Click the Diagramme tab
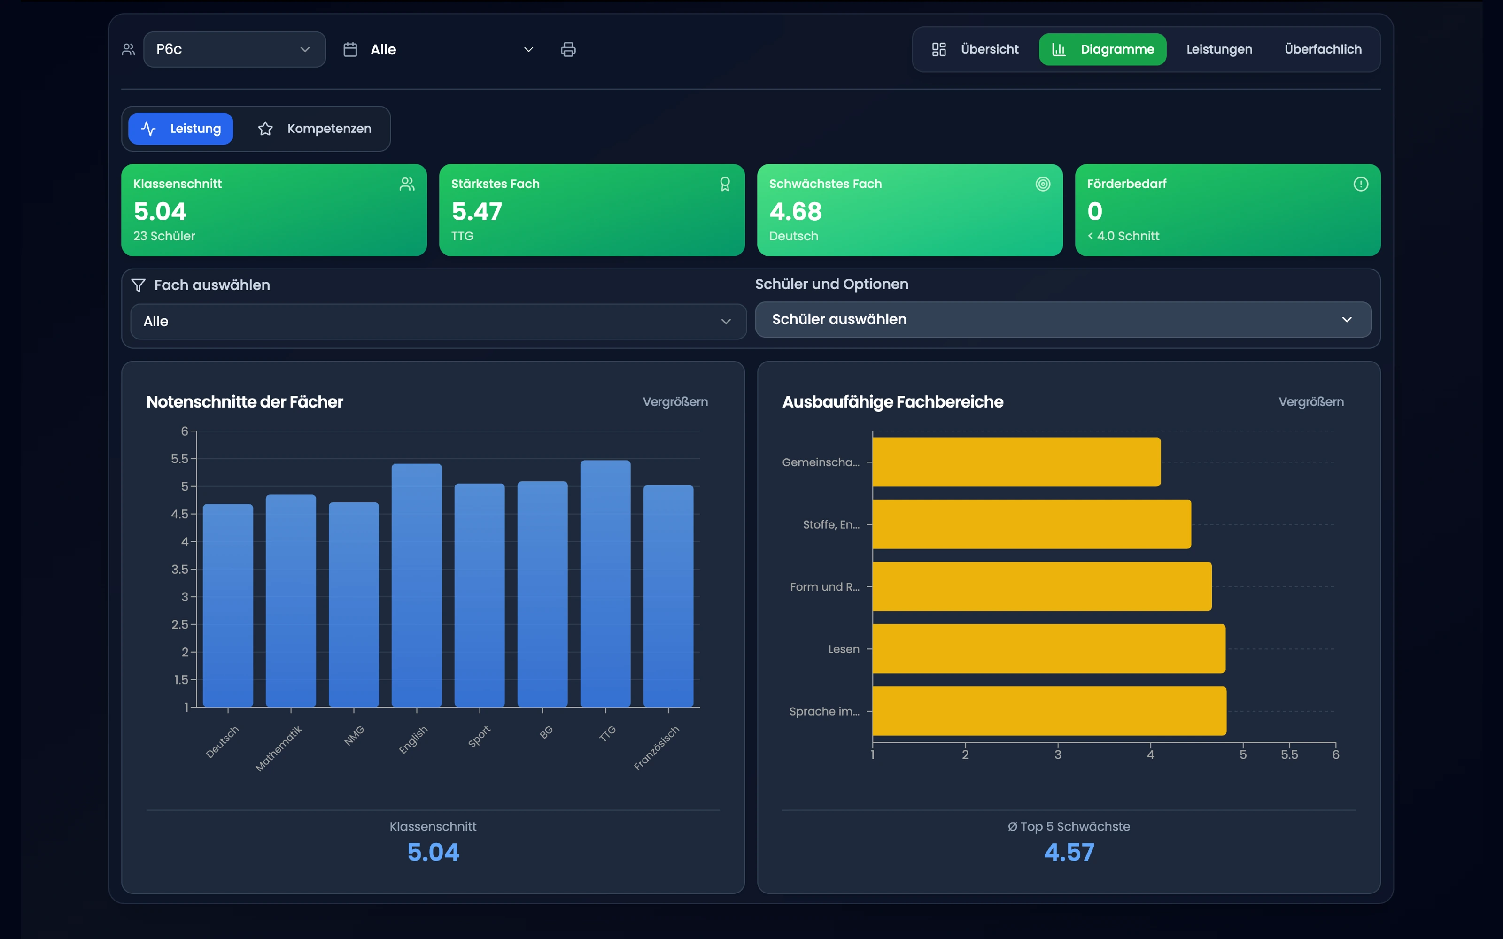pos(1102,49)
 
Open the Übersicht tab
pos(975,49)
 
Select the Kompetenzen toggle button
pos(314,129)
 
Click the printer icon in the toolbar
pos(568,50)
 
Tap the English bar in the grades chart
pos(417,585)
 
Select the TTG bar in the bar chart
pos(605,583)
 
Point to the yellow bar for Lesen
pos(1049,649)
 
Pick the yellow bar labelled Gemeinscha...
pos(1017,462)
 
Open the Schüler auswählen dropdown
pos(1063,319)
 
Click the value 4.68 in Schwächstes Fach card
pos(796,212)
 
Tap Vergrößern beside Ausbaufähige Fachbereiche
pos(1311,402)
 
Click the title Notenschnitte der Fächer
pos(245,402)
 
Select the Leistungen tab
pos(1219,49)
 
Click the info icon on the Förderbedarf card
pos(1361,184)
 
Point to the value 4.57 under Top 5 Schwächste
pos(1069,852)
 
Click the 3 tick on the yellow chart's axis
pos(1058,754)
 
